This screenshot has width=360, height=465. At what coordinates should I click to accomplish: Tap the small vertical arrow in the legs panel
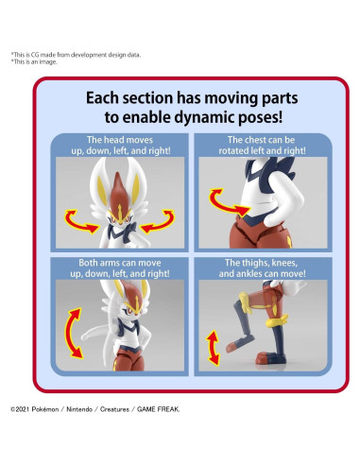point(213,348)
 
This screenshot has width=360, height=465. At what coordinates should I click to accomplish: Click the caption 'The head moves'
point(120,140)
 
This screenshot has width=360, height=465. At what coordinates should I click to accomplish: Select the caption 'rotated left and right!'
point(262,150)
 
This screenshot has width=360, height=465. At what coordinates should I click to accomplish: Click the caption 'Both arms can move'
point(120,263)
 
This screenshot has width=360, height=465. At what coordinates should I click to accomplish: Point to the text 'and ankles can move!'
point(262,273)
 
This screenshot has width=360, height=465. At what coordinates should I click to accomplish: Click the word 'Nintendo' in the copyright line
point(79,409)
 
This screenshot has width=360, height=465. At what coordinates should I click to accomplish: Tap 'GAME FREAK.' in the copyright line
point(158,409)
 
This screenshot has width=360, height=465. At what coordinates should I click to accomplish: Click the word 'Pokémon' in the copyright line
point(45,409)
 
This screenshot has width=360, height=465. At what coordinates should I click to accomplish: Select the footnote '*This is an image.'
point(34,61)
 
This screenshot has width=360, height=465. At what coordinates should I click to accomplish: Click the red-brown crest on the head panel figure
point(119,194)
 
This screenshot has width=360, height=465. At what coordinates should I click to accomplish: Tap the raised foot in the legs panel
point(235,343)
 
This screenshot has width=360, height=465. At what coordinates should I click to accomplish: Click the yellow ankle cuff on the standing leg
point(277,321)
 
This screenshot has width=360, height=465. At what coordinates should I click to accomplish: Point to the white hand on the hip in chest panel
point(279,217)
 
